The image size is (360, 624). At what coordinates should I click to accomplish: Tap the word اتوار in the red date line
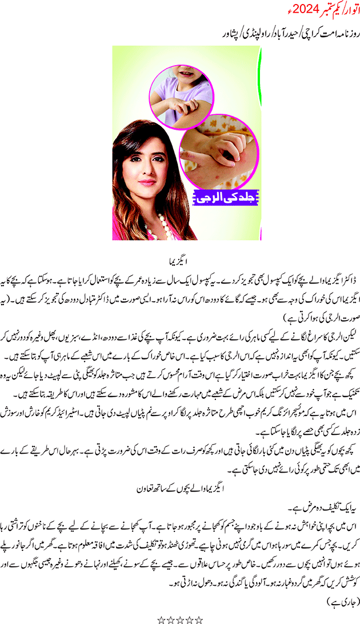click(x=348, y=10)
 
